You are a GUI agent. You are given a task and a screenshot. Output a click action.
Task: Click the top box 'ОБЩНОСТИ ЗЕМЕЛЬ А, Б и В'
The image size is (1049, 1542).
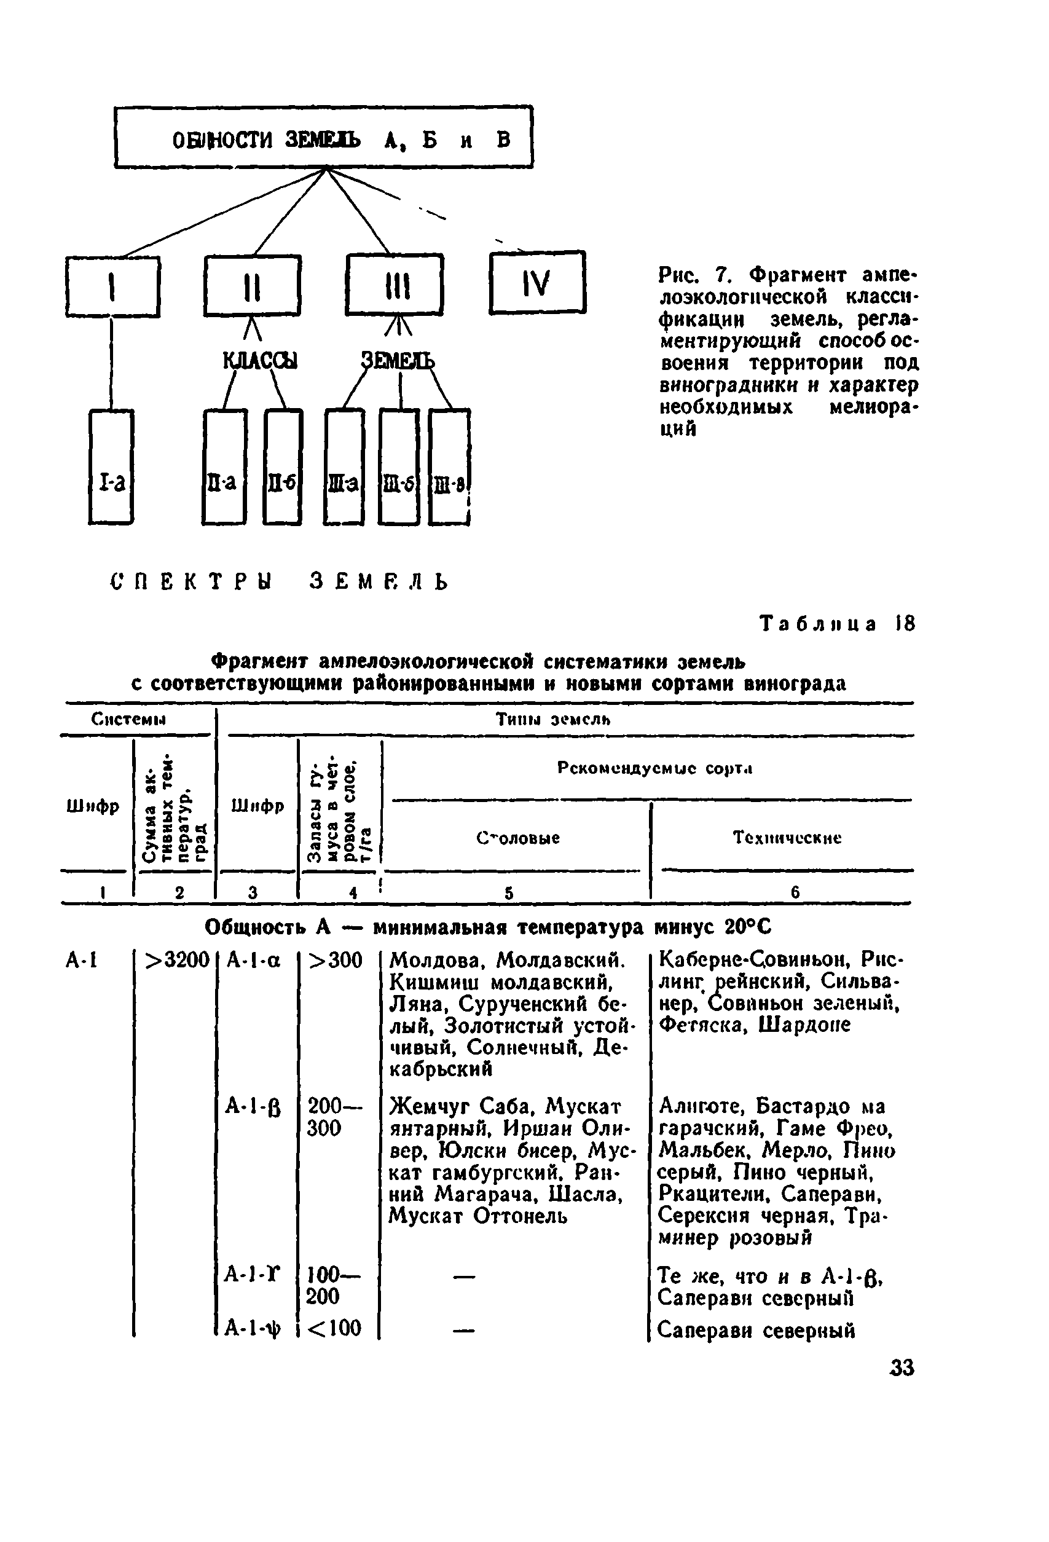tap(323, 137)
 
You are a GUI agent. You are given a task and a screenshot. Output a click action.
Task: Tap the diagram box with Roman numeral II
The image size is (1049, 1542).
tap(252, 286)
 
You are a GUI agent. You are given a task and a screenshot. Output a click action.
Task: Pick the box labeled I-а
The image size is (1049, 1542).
tap(111, 467)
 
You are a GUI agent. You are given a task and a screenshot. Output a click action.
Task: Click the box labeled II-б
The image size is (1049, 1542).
tap(283, 467)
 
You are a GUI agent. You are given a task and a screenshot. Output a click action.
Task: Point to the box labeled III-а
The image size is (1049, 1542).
tap(344, 467)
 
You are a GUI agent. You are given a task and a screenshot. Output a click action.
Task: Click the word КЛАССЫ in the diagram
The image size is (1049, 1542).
tap(259, 360)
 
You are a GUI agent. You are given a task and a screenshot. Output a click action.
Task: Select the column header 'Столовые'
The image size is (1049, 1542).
tap(517, 838)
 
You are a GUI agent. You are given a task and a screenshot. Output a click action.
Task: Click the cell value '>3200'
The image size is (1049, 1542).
tap(177, 959)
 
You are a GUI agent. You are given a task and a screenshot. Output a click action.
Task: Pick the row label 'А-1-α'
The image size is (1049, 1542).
tap(253, 960)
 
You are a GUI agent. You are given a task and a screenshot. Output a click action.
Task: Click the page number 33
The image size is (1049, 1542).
tap(901, 1367)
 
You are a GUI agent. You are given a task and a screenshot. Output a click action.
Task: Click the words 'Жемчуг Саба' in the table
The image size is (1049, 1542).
tap(462, 1107)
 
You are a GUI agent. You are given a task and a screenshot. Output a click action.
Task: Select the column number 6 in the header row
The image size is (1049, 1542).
tap(795, 892)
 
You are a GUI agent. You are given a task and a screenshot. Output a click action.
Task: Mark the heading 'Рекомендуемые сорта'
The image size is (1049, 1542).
tap(654, 768)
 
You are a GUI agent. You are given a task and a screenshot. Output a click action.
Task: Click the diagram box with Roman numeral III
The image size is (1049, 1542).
tap(395, 286)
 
